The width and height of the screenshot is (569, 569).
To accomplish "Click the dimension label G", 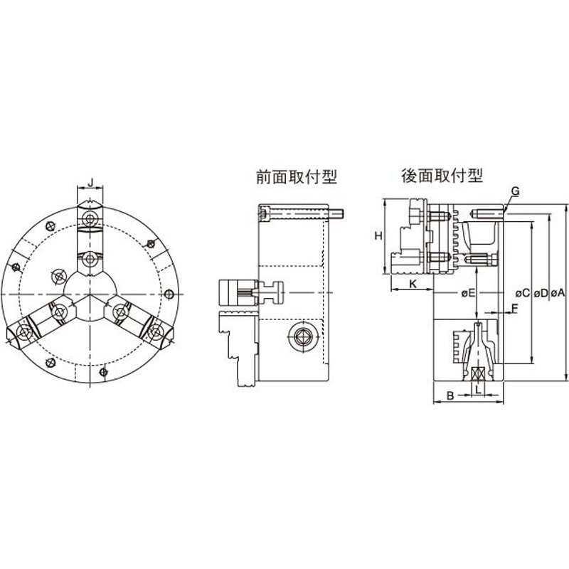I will pos(516,191).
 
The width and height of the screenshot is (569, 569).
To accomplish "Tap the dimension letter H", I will pos(379,235).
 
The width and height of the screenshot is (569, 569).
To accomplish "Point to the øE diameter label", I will pos(467,292).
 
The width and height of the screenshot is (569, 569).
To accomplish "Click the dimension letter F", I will pos(515,308).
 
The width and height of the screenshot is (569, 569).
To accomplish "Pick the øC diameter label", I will pos(521,292).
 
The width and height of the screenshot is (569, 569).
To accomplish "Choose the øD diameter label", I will pos(541,292).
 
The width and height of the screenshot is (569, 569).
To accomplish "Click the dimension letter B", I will pos(449,393).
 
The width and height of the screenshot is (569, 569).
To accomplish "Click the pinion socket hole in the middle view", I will pos(299,339).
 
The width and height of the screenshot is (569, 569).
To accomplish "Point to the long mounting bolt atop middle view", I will pos(299,213).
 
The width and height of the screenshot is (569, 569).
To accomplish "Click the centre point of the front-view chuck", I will pos(90,293).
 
